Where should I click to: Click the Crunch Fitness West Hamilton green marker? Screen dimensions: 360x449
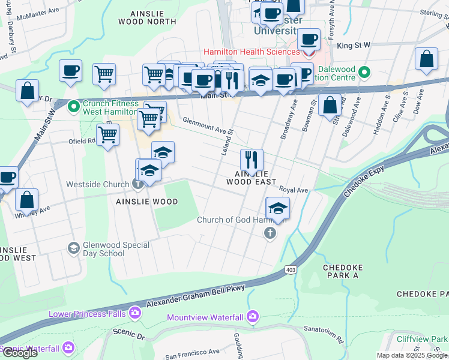(73, 107)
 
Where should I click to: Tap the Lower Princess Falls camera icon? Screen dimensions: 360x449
(134, 313)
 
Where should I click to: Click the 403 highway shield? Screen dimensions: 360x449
(291, 271)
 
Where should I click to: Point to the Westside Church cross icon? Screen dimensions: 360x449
(137, 184)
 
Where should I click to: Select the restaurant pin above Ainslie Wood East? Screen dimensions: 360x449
(252, 160)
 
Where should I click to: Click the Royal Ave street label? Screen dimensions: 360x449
(294, 190)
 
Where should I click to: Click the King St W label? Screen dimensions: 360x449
(354, 45)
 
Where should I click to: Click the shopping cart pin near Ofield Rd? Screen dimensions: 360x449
(107, 135)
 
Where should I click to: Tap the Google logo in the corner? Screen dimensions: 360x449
(19, 353)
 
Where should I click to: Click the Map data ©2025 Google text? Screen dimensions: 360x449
(412, 355)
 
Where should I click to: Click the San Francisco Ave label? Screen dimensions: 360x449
(192, 351)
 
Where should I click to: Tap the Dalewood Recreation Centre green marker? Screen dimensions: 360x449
(364, 73)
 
